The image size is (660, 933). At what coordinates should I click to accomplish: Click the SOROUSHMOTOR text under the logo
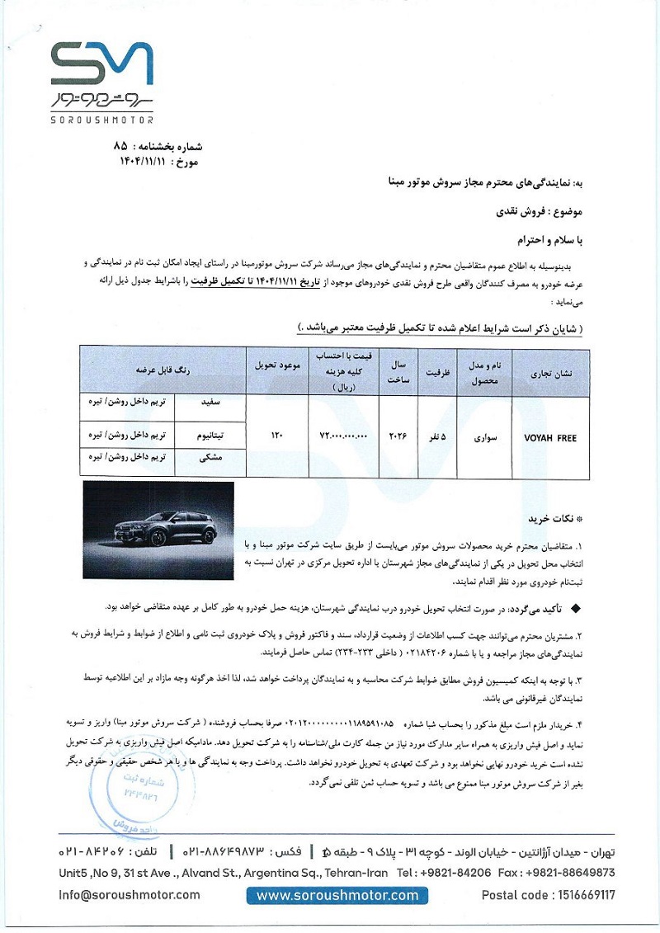tap(101, 120)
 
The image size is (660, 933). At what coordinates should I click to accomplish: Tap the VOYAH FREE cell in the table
tap(550, 438)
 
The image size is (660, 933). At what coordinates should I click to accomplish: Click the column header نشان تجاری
tap(550, 372)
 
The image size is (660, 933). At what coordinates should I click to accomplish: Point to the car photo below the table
tap(158, 530)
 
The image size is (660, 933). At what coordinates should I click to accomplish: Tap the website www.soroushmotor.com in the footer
tap(337, 896)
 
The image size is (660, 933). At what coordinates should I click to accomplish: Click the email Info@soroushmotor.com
tap(130, 895)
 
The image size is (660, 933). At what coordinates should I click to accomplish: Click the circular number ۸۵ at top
tap(120, 145)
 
